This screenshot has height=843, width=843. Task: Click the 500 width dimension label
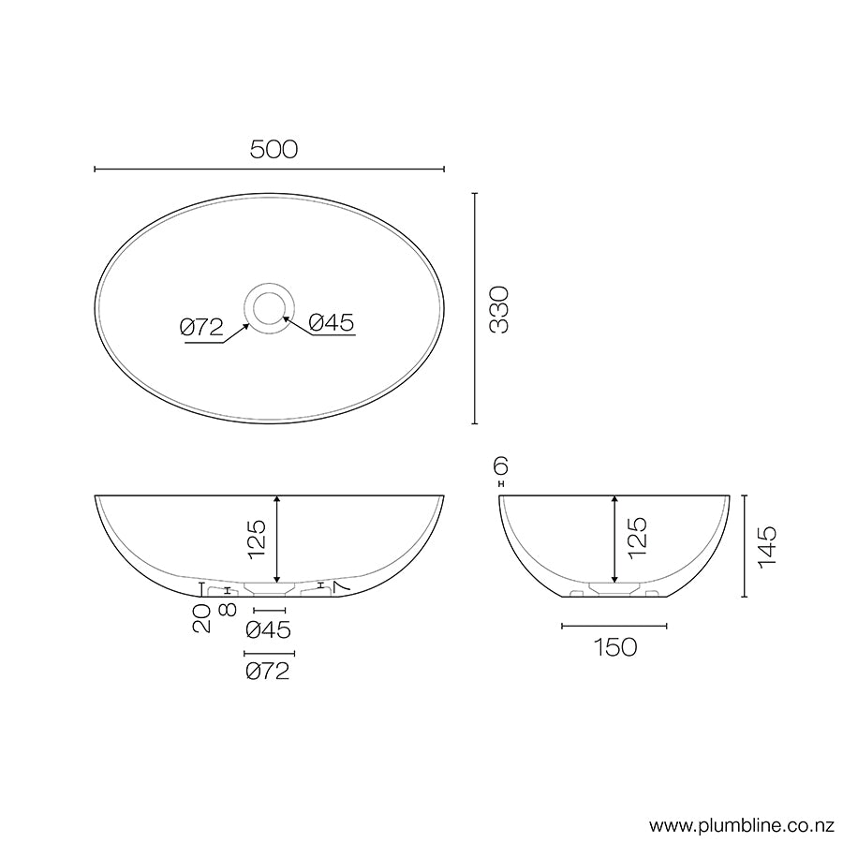(274, 149)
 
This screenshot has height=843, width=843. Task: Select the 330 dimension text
(500, 309)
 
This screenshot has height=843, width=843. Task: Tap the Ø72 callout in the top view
(201, 326)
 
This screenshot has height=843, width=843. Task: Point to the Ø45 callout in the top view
(332, 323)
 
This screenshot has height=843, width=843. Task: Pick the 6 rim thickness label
(501, 466)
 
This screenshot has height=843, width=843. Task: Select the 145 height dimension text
(766, 546)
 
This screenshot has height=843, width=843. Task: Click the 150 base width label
(614, 646)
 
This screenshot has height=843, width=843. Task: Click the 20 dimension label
(202, 619)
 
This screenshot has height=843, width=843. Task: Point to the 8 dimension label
(227, 610)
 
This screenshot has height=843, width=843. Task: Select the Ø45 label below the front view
(267, 629)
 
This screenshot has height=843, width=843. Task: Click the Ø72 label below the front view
(267, 671)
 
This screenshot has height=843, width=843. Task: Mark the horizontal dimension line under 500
(270, 170)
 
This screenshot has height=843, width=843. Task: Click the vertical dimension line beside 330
(475, 309)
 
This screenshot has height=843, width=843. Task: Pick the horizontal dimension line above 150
(614, 626)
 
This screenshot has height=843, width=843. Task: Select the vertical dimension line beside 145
(744, 546)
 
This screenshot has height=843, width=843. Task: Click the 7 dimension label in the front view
(339, 585)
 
